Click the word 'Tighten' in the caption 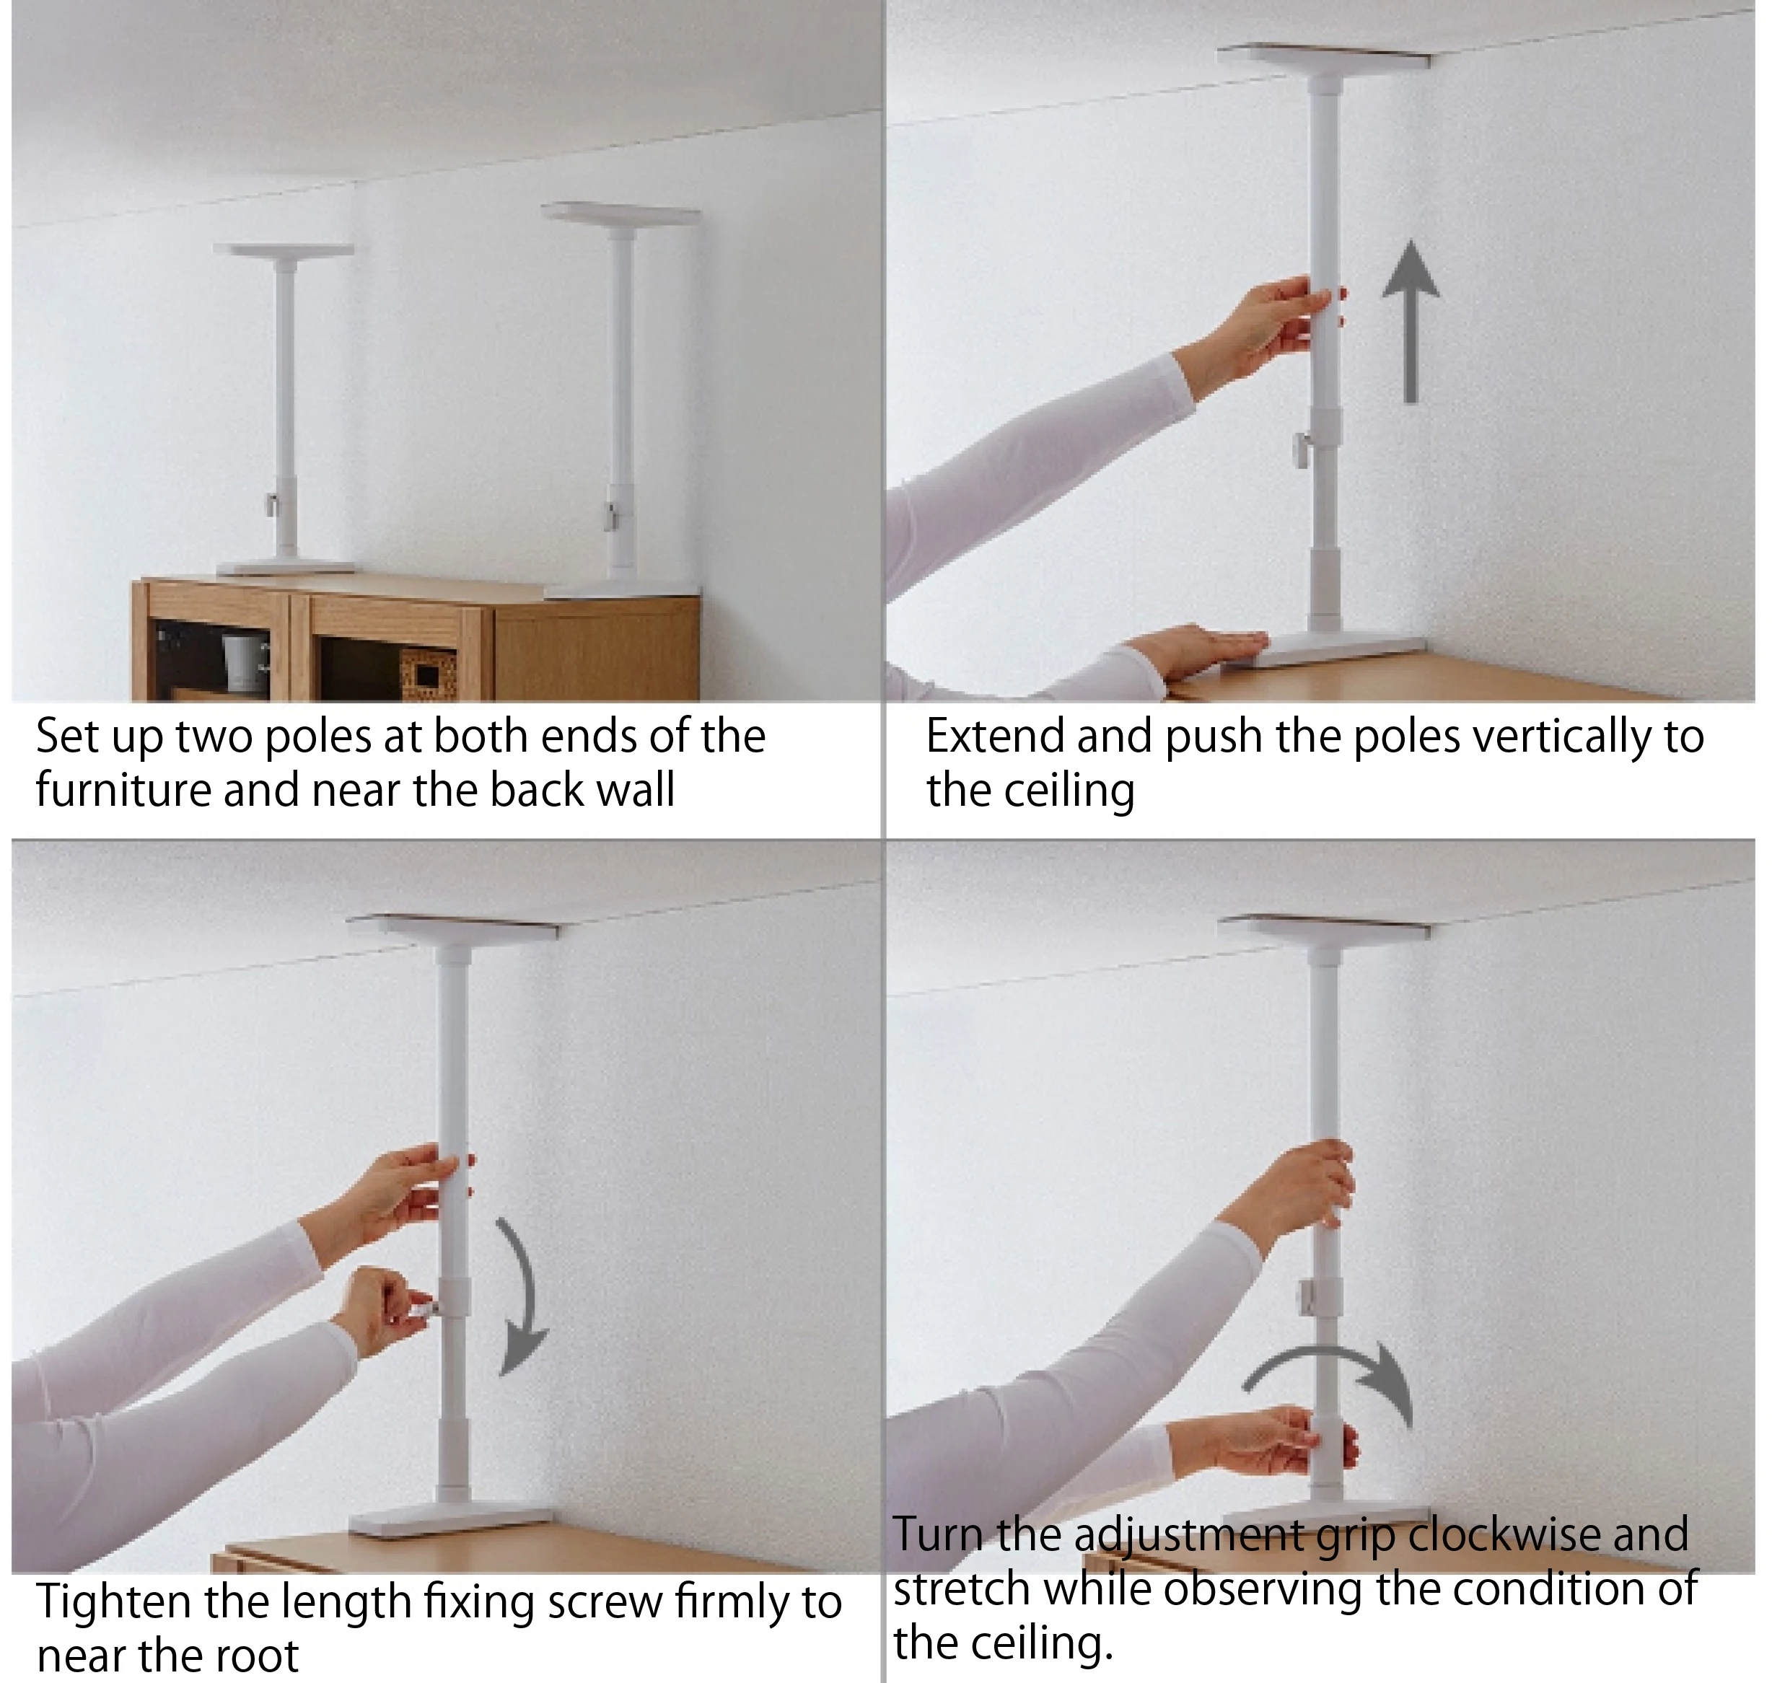(x=114, y=1602)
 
